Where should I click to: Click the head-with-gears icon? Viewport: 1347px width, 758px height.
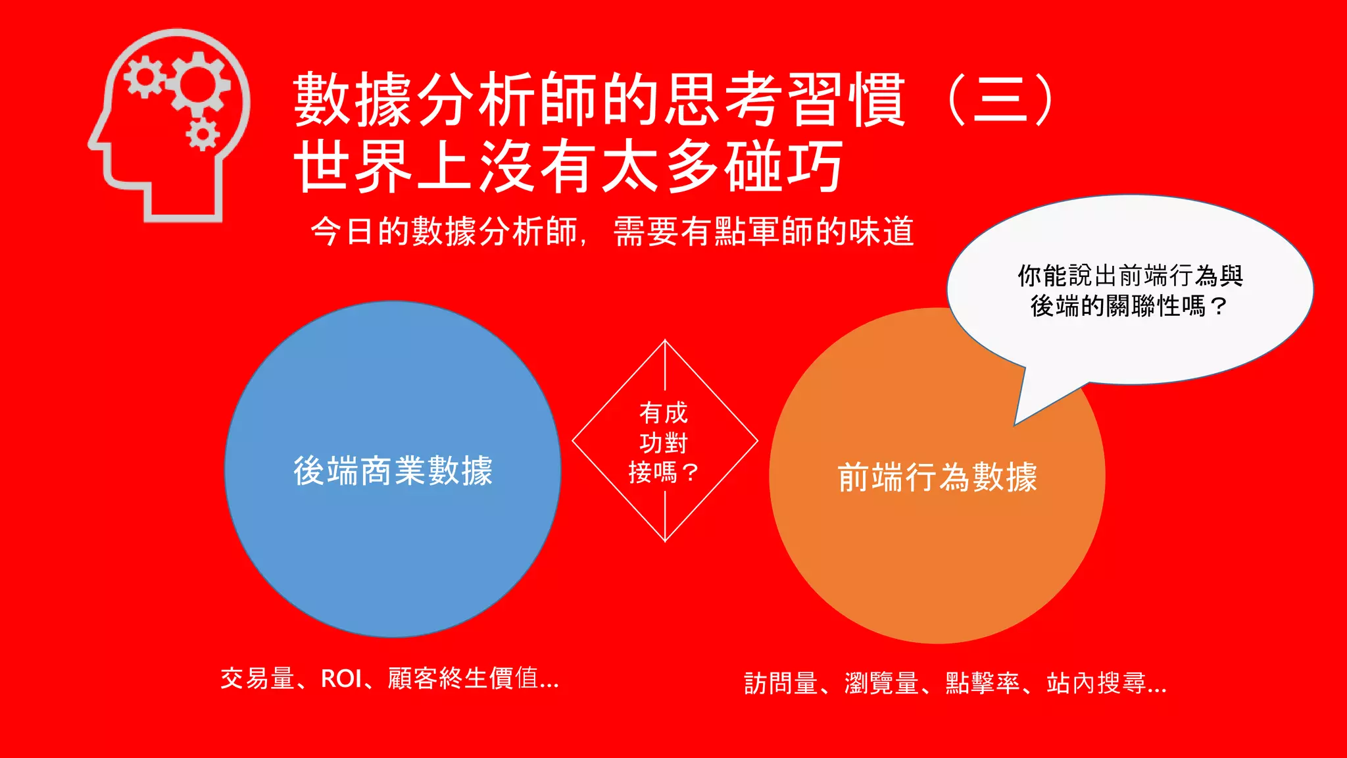[x=170, y=125]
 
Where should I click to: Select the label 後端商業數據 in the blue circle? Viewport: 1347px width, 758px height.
[x=393, y=471]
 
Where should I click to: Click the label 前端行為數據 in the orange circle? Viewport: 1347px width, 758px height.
[x=937, y=477]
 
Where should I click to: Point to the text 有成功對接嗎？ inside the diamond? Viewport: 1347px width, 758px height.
[x=664, y=443]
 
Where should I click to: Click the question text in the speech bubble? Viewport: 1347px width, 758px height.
[x=1130, y=291]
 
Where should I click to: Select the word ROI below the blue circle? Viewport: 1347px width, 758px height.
[x=341, y=678]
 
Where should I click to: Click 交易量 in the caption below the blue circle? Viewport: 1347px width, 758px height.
[x=257, y=678]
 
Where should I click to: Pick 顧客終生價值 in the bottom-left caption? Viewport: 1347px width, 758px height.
[x=463, y=678]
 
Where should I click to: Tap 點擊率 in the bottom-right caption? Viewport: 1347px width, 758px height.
[x=983, y=684]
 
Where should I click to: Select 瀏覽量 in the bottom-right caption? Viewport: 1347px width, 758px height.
[x=882, y=684]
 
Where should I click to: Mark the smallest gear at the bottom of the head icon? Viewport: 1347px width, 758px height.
[x=202, y=134]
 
